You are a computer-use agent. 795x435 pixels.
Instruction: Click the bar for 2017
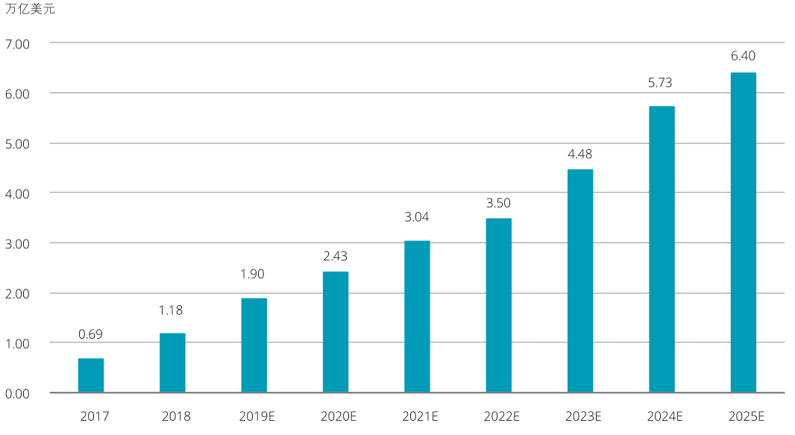pyautogui.click(x=91, y=375)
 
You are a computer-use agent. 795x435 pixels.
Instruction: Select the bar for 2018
pyautogui.click(x=172, y=363)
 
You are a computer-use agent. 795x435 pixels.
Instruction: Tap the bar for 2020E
pyautogui.click(x=336, y=332)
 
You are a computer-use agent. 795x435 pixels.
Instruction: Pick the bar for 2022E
pyautogui.click(x=499, y=305)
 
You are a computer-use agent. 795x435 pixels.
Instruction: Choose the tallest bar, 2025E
pyautogui.click(x=744, y=232)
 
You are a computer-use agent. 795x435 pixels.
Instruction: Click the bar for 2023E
pyautogui.click(x=580, y=281)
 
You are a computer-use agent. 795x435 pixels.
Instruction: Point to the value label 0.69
pyautogui.click(x=90, y=334)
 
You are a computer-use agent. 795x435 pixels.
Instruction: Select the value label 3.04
pyautogui.click(x=417, y=217)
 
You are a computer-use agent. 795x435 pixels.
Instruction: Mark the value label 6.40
pyautogui.click(x=742, y=55)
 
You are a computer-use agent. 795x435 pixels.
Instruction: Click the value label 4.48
pyautogui.click(x=579, y=154)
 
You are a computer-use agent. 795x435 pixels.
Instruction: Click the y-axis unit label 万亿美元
pyautogui.click(x=30, y=10)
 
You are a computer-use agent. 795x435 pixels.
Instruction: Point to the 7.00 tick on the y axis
pyautogui.click(x=17, y=44)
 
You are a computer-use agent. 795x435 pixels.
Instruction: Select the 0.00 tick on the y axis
pyautogui.click(x=17, y=393)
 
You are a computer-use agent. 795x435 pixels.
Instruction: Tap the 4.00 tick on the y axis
pyautogui.click(x=17, y=193)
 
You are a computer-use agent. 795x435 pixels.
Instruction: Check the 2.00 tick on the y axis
pyautogui.click(x=17, y=293)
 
